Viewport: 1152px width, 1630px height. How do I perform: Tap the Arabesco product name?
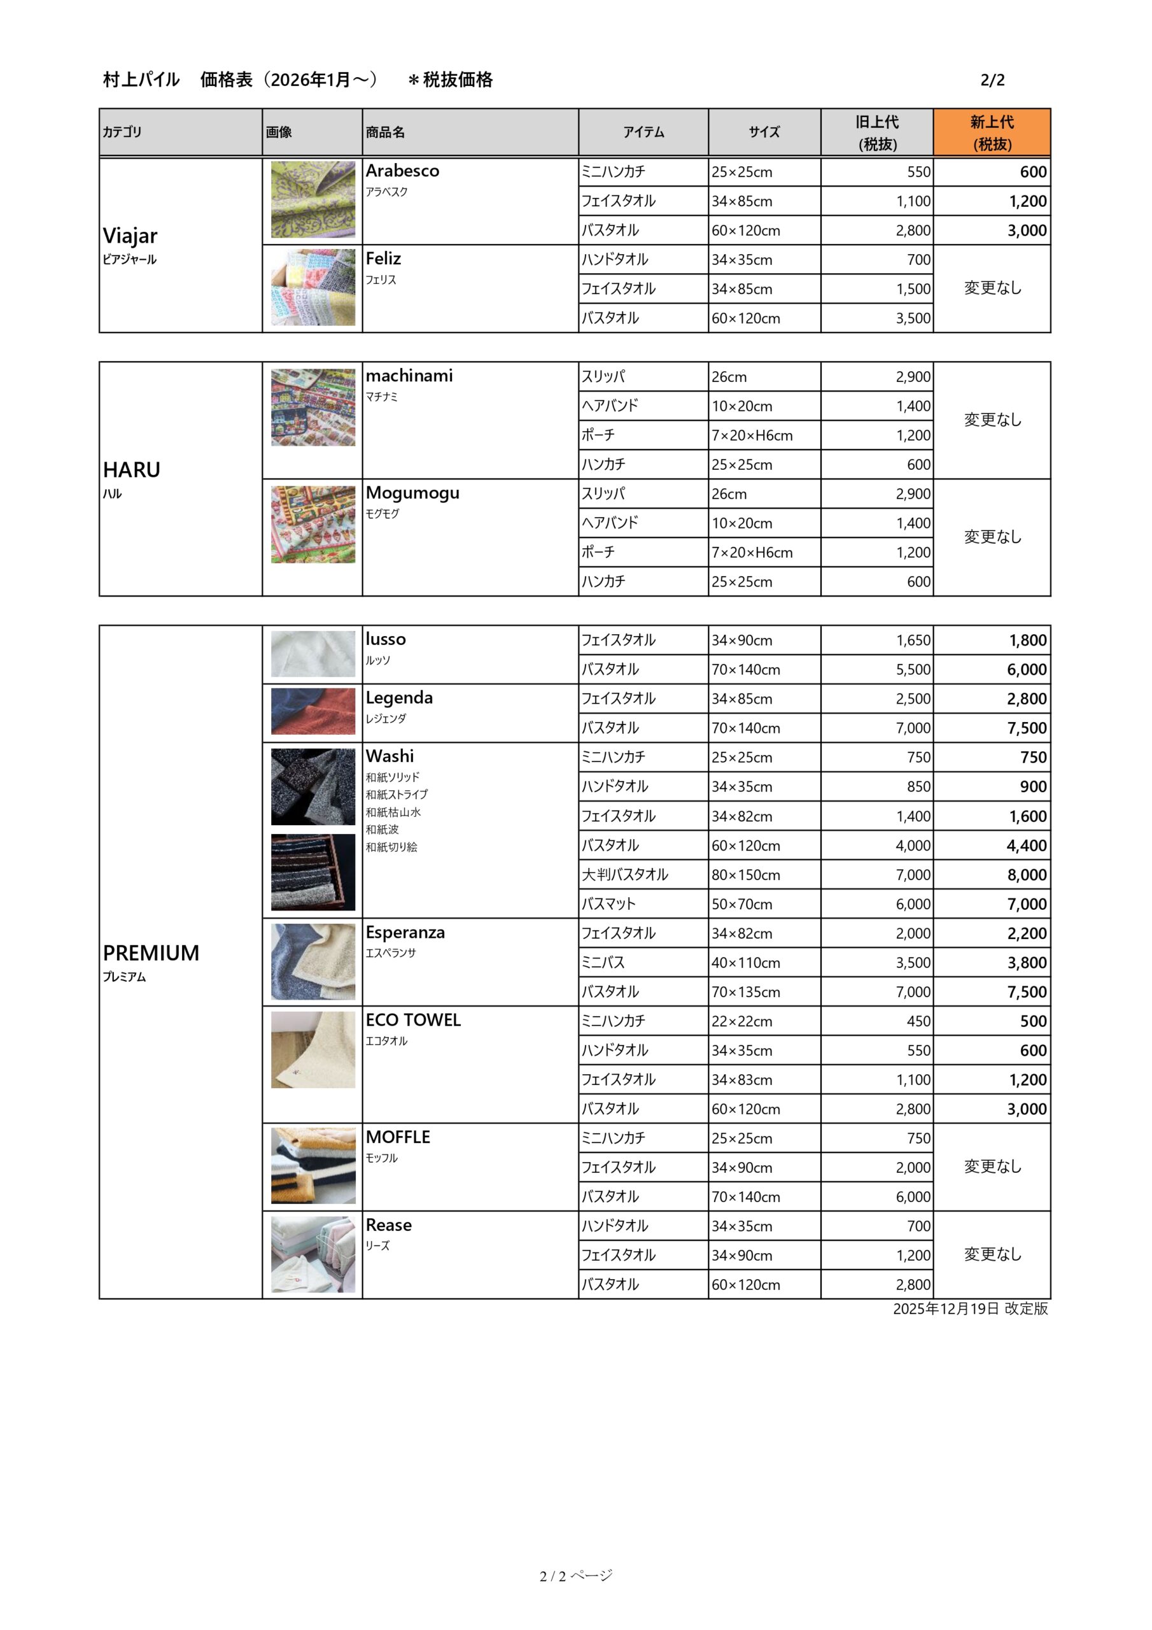(x=402, y=171)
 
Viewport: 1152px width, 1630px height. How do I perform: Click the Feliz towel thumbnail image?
(x=313, y=288)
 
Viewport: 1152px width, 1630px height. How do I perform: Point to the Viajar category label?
(x=130, y=236)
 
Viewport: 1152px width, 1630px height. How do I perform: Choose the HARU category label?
(x=131, y=470)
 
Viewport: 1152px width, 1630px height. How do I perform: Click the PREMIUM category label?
(x=150, y=953)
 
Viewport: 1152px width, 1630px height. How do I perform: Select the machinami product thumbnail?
(x=313, y=407)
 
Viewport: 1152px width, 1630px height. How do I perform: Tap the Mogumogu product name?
(x=412, y=493)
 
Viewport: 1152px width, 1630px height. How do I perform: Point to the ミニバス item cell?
(x=603, y=963)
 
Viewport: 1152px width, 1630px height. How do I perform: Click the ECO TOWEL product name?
(x=413, y=1020)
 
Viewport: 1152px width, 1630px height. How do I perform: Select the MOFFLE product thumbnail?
(x=313, y=1166)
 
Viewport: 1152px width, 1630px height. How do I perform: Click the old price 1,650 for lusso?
(x=913, y=641)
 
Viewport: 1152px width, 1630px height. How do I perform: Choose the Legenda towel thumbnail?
(x=313, y=711)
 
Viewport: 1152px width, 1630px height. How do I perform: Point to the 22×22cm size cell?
(x=741, y=1021)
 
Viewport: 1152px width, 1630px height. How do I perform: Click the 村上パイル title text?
(x=141, y=80)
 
